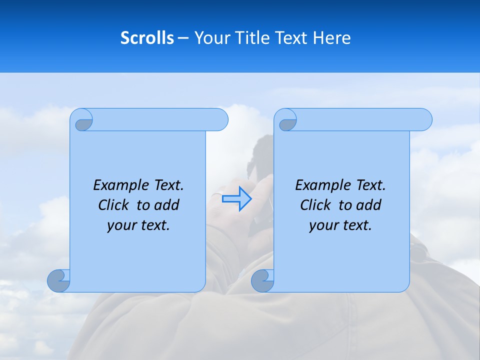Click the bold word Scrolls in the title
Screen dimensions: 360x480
(147, 38)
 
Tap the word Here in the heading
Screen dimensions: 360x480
(332, 38)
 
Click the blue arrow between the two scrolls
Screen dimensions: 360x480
(236, 198)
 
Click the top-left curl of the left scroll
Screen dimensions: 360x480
(83, 122)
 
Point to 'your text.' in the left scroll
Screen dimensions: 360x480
(138, 225)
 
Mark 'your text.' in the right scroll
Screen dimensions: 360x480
(340, 225)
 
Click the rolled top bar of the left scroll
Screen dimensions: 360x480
(160, 119)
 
